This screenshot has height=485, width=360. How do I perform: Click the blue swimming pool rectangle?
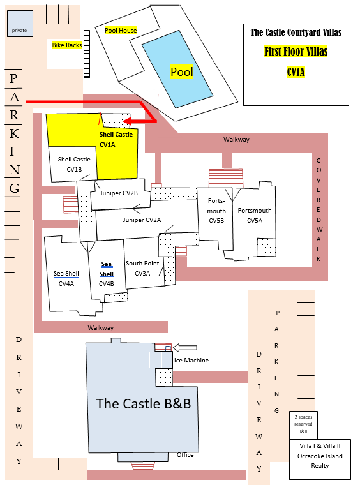click(177, 69)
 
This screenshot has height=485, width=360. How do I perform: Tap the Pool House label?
click(121, 31)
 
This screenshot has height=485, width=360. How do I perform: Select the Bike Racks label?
click(67, 45)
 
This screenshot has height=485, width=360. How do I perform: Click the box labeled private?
click(20, 24)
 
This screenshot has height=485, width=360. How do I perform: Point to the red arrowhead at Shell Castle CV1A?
click(127, 121)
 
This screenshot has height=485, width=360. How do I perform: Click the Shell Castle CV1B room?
click(73, 163)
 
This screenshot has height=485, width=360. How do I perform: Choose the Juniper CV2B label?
click(119, 193)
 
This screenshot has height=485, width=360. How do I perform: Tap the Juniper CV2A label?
click(142, 220)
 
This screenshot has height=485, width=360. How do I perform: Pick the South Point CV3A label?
click(142, 268)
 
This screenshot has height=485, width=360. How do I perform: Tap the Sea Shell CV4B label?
click(107, 274)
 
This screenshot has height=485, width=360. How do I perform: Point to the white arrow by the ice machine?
click(184, 348)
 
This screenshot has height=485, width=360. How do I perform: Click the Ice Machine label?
click(191, 361)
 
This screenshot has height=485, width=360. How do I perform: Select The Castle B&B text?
click(144, 404)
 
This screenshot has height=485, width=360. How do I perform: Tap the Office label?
click(185, 454)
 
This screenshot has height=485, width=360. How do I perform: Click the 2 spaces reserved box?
click(303, 425)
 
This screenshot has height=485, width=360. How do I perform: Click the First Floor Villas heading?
click(296, 51)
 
